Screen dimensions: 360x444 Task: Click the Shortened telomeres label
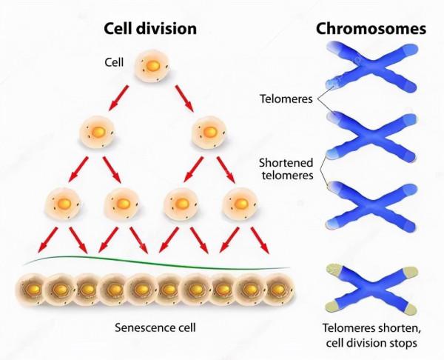(285, 168)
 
